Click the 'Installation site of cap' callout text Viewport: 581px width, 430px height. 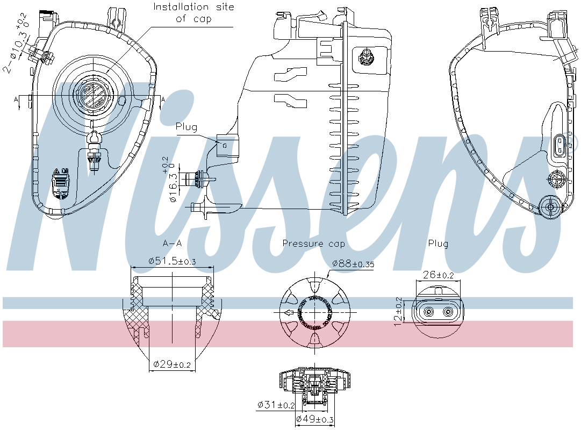coord(193,13)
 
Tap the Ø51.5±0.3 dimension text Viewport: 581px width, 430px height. coord(172,261)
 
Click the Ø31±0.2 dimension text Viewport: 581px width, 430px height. coord(276,405)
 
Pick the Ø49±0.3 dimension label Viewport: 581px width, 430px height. coord(314,419)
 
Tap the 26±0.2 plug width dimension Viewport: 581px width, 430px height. coord(438,275)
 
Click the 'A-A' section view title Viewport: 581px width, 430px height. coord(172,243)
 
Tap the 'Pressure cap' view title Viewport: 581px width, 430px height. coord(314,243)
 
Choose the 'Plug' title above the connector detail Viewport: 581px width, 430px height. coord(438,243)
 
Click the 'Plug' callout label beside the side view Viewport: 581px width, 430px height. coord(187,127)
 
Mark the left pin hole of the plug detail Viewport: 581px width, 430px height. coord(429,312)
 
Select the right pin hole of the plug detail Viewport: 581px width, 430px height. coord(447,312)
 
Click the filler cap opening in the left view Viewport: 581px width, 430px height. coord(95,96)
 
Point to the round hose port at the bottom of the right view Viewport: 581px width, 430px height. coord(550,207)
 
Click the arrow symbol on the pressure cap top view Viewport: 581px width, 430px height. coord(290,312)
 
